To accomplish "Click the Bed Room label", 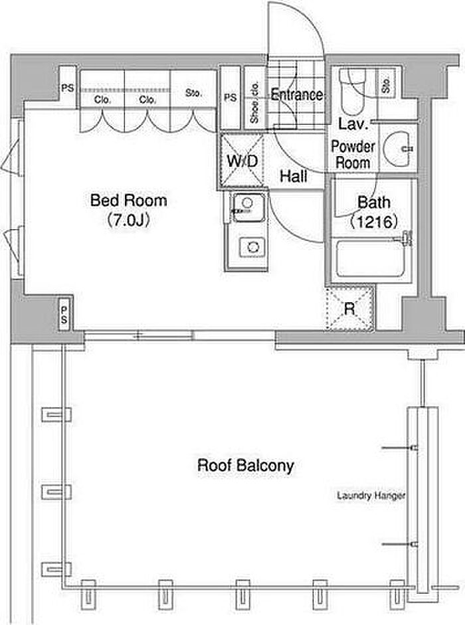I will [128, 199].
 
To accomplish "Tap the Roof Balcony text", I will [245, 465].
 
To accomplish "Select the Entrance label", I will [296, 95].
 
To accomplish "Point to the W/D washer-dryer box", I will [242, 161].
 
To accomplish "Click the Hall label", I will [292, 177].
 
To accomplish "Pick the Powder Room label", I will [353, 155].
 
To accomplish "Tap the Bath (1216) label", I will [374, 211].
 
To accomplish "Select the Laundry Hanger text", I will [371, 495].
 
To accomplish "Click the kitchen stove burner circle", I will [252, 246].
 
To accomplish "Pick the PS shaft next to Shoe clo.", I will [230, 98].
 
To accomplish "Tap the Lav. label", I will [349, 124].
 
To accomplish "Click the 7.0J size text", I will [128, 220].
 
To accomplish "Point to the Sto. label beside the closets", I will [193, 93].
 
